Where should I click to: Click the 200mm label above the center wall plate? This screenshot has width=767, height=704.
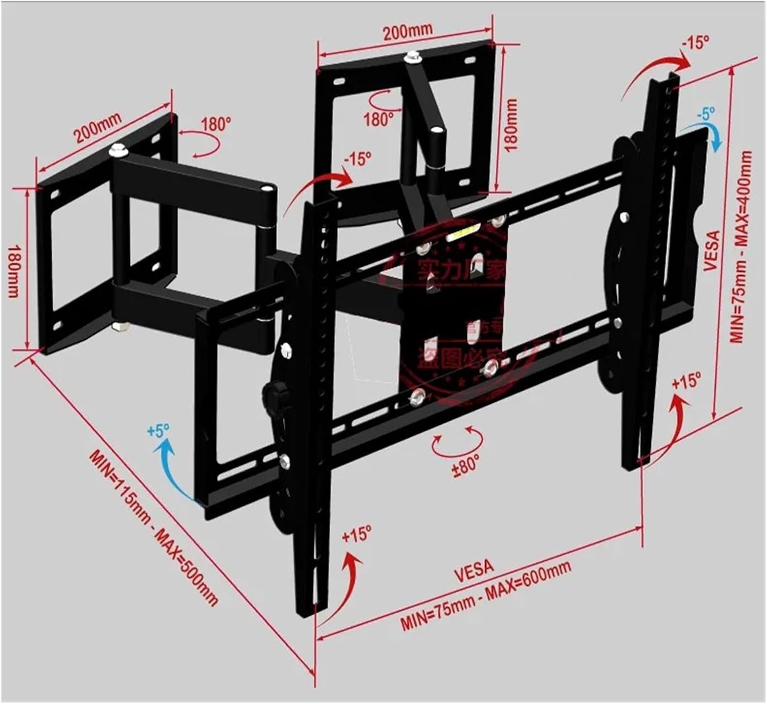408,31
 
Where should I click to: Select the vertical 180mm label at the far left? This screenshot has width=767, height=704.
14,271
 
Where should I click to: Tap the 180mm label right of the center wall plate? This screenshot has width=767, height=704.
511,125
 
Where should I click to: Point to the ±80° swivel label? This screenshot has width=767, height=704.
465,464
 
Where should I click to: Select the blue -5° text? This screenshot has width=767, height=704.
706,114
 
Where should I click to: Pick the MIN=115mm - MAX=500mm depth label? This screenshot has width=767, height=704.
154,527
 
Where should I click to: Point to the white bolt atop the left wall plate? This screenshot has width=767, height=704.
118,151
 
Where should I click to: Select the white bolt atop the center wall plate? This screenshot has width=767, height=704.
412,57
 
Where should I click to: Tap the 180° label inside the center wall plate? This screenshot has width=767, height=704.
378,119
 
